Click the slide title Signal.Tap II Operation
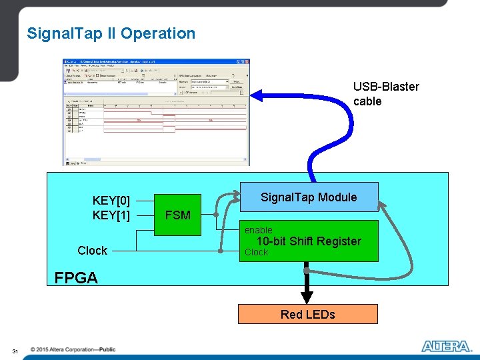pos(111,33)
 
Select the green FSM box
pos(177,215)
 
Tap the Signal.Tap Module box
pos(308,197)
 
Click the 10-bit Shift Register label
pos(309,241)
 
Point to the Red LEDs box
pos(308,314)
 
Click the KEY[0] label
pos(111,201)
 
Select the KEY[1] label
pos(111,215)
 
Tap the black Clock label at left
pos(92,251)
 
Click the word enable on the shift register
pos(258,230)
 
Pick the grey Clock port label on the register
pos(256,252)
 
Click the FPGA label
pos(76,278)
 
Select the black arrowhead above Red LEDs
pos(307,297)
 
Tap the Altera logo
pos(446,346)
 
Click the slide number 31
pos(15,351)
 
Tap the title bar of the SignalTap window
pos(156,62)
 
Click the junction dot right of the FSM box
pos(215,215)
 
